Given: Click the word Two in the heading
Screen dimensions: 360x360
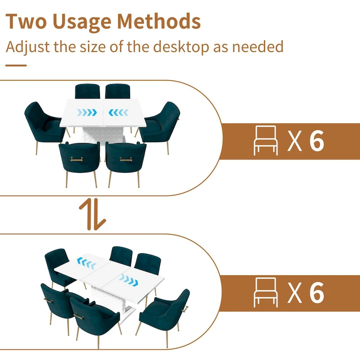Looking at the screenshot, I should pos(25,22).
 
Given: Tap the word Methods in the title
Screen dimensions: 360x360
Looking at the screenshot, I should pos(159,22).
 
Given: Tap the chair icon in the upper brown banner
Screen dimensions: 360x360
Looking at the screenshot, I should pos(266,140).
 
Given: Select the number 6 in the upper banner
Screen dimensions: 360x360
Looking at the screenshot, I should pos(317,141).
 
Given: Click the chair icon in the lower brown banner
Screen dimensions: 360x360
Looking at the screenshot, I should pos(266,292).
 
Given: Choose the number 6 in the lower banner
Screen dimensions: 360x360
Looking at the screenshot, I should pos(317,292).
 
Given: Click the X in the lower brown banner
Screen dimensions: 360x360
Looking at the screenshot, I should pos(295,292).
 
